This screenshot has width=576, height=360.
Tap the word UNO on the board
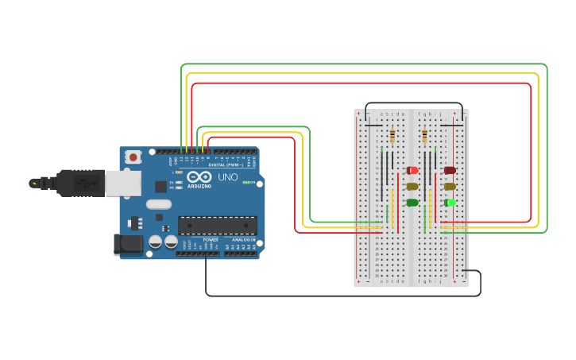pyautogui.click(x=228, y=177)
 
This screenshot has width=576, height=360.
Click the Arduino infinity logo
pyautogui.click(x=199, y=176)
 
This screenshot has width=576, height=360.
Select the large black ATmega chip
pyautogui.click(x=217, y=226)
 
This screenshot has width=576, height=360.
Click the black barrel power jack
pyautogui.click(x=128, y=244)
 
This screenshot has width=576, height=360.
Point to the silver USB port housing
pyautogui.click(x=122, y=184)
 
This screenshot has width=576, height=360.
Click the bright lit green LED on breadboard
pyautogui.click(x=450, y=203)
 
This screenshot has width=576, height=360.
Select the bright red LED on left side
pyautogui.click(x=412, y=170)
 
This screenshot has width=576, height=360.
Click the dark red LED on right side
pyautogui.click(x=450, y=170)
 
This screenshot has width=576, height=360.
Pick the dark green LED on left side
pyautogui.click(x=412, y=203)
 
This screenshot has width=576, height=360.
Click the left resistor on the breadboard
pyautogui.click(x=392, y=136)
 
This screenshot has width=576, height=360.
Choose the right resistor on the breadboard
pyautogui.click(x=424, y=136)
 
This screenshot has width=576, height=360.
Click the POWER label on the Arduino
pyautogui.click(x=211, y=239)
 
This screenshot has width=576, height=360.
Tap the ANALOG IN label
pyautogui.click(x=243, y=239)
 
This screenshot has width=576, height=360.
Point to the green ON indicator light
pyautogui.click(x=245, y=183)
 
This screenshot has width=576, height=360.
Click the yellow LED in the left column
pyautogui.click(x=412, y=187)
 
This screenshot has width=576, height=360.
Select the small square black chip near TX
pyautogui.click(x=161, y=187)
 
